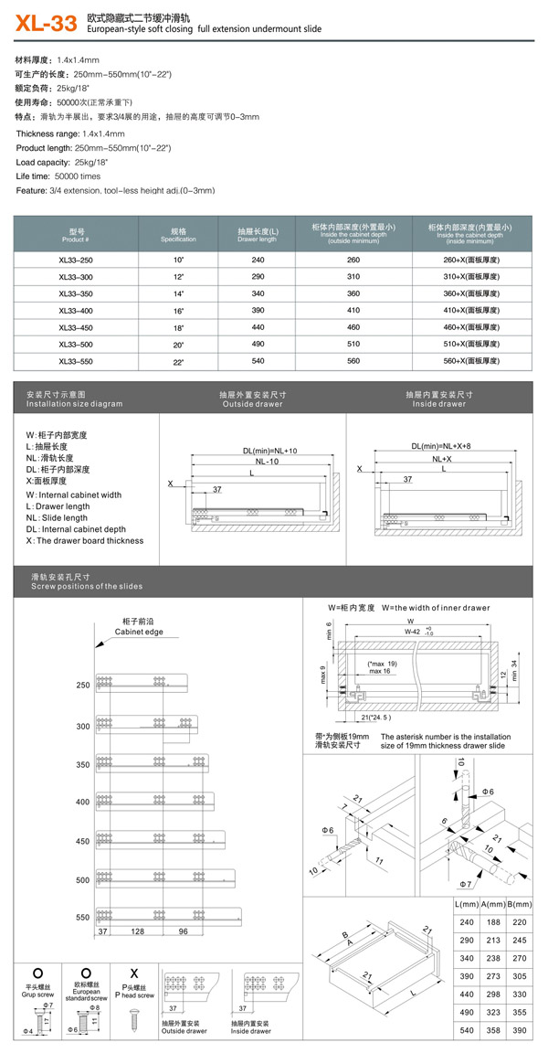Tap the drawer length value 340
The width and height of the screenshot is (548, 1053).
(258, 293)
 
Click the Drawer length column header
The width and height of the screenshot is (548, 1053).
(258, 235)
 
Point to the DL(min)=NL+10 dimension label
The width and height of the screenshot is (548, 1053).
(270, 451)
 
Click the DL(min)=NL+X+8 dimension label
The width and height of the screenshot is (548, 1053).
(441, 446)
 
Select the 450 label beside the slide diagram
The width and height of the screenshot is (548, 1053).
(83, 840)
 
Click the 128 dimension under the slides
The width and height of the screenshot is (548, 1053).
(138, 931)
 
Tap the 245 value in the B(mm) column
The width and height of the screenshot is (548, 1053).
(521, 940)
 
